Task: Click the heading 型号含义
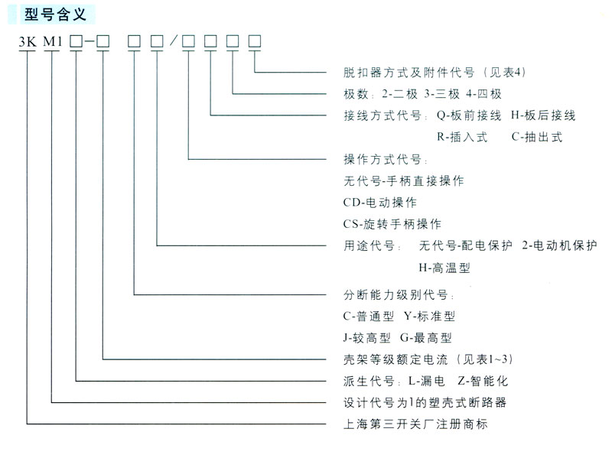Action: coord(55,15)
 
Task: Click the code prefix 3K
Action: coord(28,41)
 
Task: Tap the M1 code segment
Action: coord(52,41)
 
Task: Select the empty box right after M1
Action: coord(76,41)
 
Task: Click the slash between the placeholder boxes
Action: coord(174,41)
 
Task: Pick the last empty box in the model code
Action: coord(255,41)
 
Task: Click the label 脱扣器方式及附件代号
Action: coord(409,73)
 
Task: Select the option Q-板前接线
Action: coord(469,115)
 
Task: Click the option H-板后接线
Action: coord(543,115)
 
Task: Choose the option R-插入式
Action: coord(462,137)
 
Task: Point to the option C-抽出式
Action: coord(537,137)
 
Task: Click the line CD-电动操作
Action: coord(379,202)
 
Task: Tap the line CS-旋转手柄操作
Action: coord(392,224)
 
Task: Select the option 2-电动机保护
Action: coord(559,245)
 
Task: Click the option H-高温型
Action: coord(444,268)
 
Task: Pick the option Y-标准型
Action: coord(429,316)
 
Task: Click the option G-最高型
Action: coord(426,338)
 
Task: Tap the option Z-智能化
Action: coord(483,381)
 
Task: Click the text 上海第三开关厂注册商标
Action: coord(415,424)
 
